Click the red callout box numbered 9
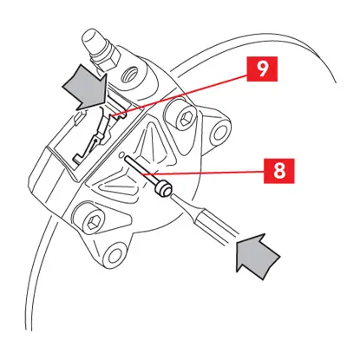tap(262, 69)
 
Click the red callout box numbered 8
tap(279, 171)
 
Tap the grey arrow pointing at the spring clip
tap(86, 87)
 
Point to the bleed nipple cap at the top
tap(92, 41)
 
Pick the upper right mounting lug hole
tap(220, 133)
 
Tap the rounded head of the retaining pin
tap(164, 188)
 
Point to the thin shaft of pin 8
tap(141, 171)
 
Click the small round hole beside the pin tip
tap(121, 155)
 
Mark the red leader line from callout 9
tap(179, 95)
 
